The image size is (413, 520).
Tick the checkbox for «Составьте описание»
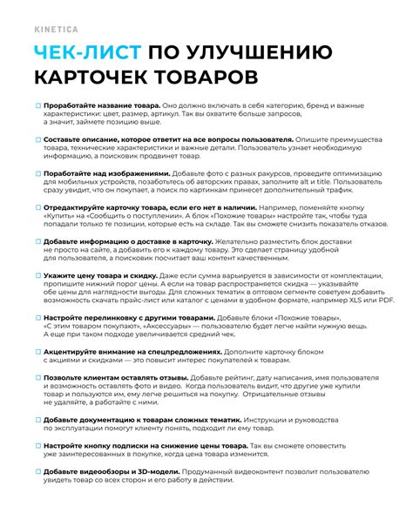click(37, 140)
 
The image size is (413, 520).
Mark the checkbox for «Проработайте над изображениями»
click(37, 173)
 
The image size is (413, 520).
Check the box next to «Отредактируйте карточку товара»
click(37, 206)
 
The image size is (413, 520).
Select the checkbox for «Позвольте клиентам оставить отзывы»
click(37, 377)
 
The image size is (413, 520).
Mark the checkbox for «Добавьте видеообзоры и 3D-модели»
click(37, 470)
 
